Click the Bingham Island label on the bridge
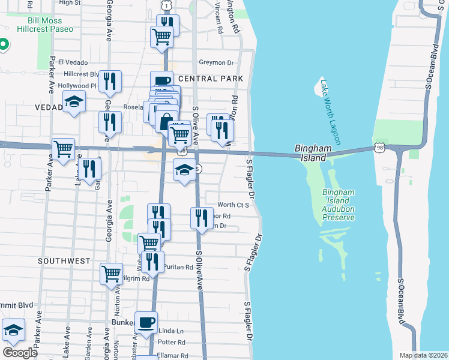pyautogui.click(x=310, y=153)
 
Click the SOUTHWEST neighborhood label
pyautogui.click(x=64, y=261)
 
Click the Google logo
pyautogui.click(x=20, y=352)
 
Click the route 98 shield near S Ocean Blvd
pyautogui.click(x=378, y=146)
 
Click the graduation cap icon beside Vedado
pyautogui.click(x=74, y=101)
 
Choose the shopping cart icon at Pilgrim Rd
pyautogui.click(x=112, y=274)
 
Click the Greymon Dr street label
pyautogui.click(x=216, y=62)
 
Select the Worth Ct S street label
pyautogui.click(x=234, y=205)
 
